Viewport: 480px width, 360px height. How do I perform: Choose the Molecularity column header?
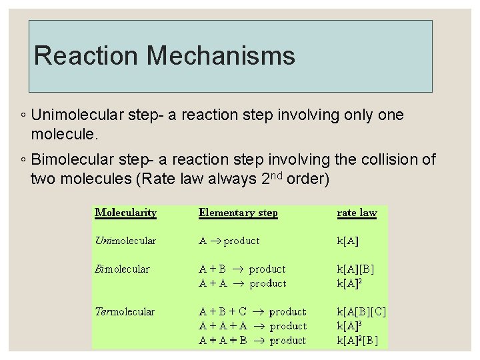tap(125, 213)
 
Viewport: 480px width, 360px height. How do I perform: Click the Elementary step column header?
tap(238, 213)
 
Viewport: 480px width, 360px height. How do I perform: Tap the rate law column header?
tap(357, 213)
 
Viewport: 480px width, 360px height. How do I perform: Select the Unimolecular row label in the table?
tap(125, 241)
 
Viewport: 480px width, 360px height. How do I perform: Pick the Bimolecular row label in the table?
tap(123, 269)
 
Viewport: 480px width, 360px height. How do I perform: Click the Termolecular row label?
tap(125, 311)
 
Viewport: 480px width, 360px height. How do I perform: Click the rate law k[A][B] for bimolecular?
tap(356, 269)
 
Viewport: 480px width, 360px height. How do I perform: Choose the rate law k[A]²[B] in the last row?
tap(358, 340)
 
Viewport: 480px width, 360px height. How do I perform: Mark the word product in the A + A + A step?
tap(288, 326)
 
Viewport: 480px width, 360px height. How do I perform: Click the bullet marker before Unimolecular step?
tap(23, 116)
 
